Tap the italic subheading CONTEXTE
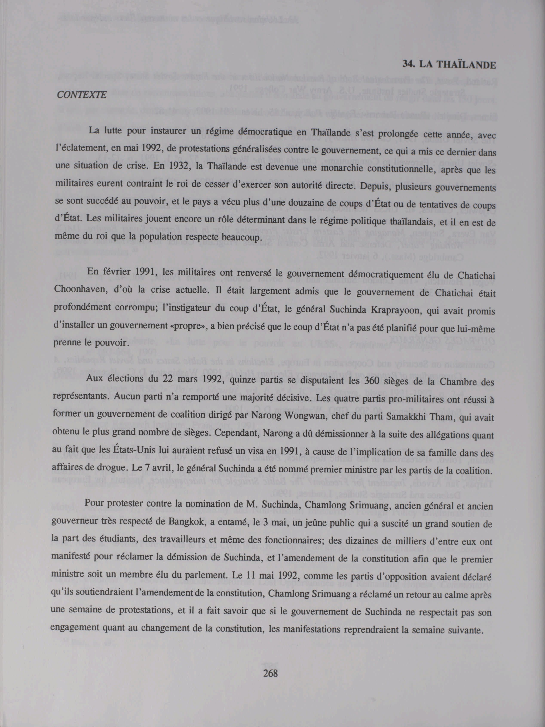(x=82, y=95)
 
